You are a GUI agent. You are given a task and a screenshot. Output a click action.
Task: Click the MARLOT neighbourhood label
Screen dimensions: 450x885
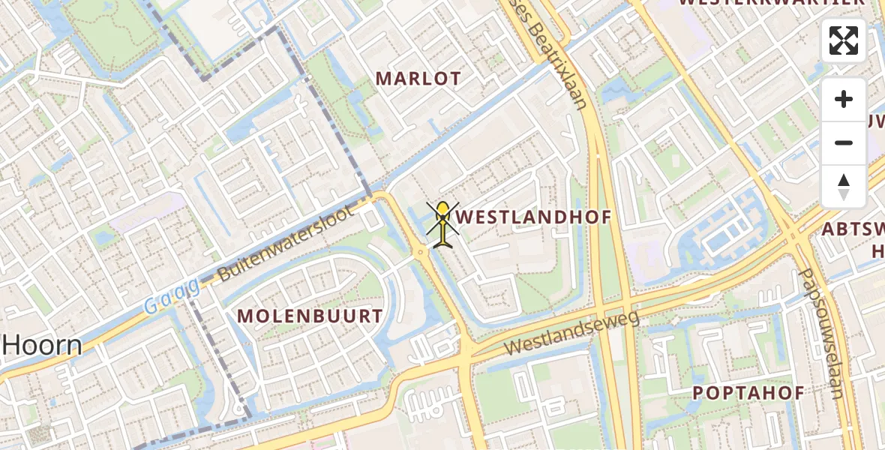point(418,79)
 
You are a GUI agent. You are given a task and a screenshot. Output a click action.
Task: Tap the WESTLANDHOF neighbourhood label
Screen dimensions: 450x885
point(533,217)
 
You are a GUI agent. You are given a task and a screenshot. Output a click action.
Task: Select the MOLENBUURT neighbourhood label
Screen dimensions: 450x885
point(310,316)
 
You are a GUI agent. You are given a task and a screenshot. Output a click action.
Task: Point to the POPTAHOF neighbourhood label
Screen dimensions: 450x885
point(748,393)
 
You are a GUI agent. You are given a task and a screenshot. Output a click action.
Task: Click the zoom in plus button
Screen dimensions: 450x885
point(844,100)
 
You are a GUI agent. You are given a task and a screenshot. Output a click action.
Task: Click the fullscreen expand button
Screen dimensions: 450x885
point(844,40)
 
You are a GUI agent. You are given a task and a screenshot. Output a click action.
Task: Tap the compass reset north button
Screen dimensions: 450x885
point(844,187)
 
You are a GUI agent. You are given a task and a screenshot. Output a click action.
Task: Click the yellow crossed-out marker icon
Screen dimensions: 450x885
point(443,223)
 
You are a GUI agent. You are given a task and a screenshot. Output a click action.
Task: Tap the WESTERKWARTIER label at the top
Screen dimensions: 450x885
point(772,3)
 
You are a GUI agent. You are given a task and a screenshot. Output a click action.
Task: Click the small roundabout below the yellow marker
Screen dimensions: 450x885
point(421,253)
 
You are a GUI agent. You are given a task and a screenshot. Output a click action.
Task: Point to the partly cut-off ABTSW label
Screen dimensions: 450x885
point(853,229)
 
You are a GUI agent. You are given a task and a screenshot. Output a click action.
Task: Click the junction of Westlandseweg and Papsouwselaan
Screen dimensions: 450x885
point(793,238)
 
